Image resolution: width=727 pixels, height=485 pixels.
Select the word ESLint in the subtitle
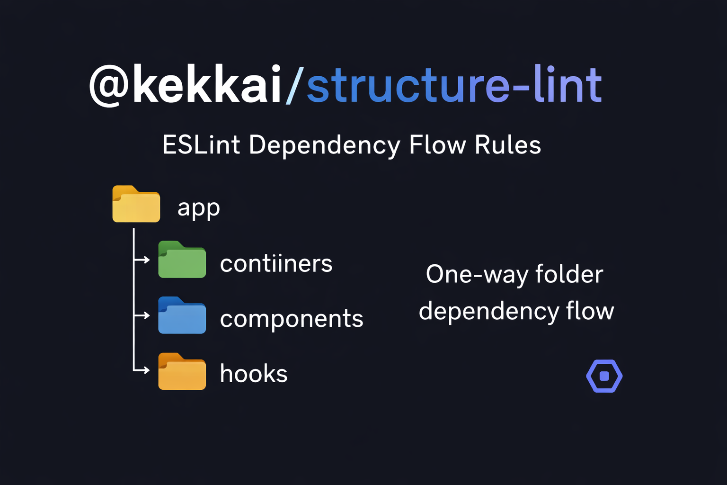pos(201,144)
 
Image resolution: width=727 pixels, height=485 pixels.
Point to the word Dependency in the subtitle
pos(325,145)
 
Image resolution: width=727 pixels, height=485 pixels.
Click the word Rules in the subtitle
pos(507,144)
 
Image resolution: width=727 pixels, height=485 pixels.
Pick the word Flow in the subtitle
pos(437,144)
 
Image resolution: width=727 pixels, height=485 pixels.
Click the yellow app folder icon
pos(136,205)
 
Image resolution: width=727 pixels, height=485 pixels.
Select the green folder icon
pos(182,260)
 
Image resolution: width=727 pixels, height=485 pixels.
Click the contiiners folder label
pos(276,263)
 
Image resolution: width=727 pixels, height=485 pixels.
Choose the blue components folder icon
pos(182,316)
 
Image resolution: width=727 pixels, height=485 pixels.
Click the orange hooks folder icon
pos(182,372)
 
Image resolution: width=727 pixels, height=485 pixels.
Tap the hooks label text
pos(254,374)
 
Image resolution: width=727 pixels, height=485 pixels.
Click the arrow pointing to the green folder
pos(142,260)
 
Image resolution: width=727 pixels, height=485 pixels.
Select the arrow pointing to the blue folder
pos(142,315)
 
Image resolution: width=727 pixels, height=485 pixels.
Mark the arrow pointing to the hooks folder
pos(142,370)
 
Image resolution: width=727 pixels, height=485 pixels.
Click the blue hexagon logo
pos(604,376)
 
